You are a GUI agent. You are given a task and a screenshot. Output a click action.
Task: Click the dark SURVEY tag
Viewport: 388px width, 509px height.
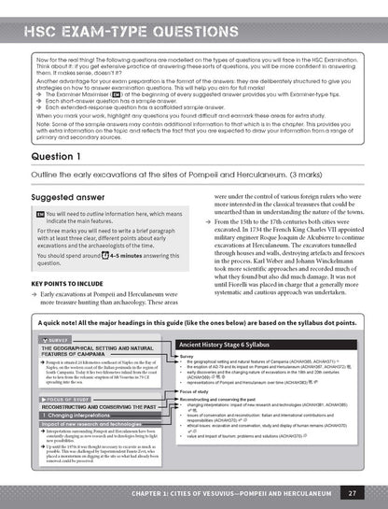56,339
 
